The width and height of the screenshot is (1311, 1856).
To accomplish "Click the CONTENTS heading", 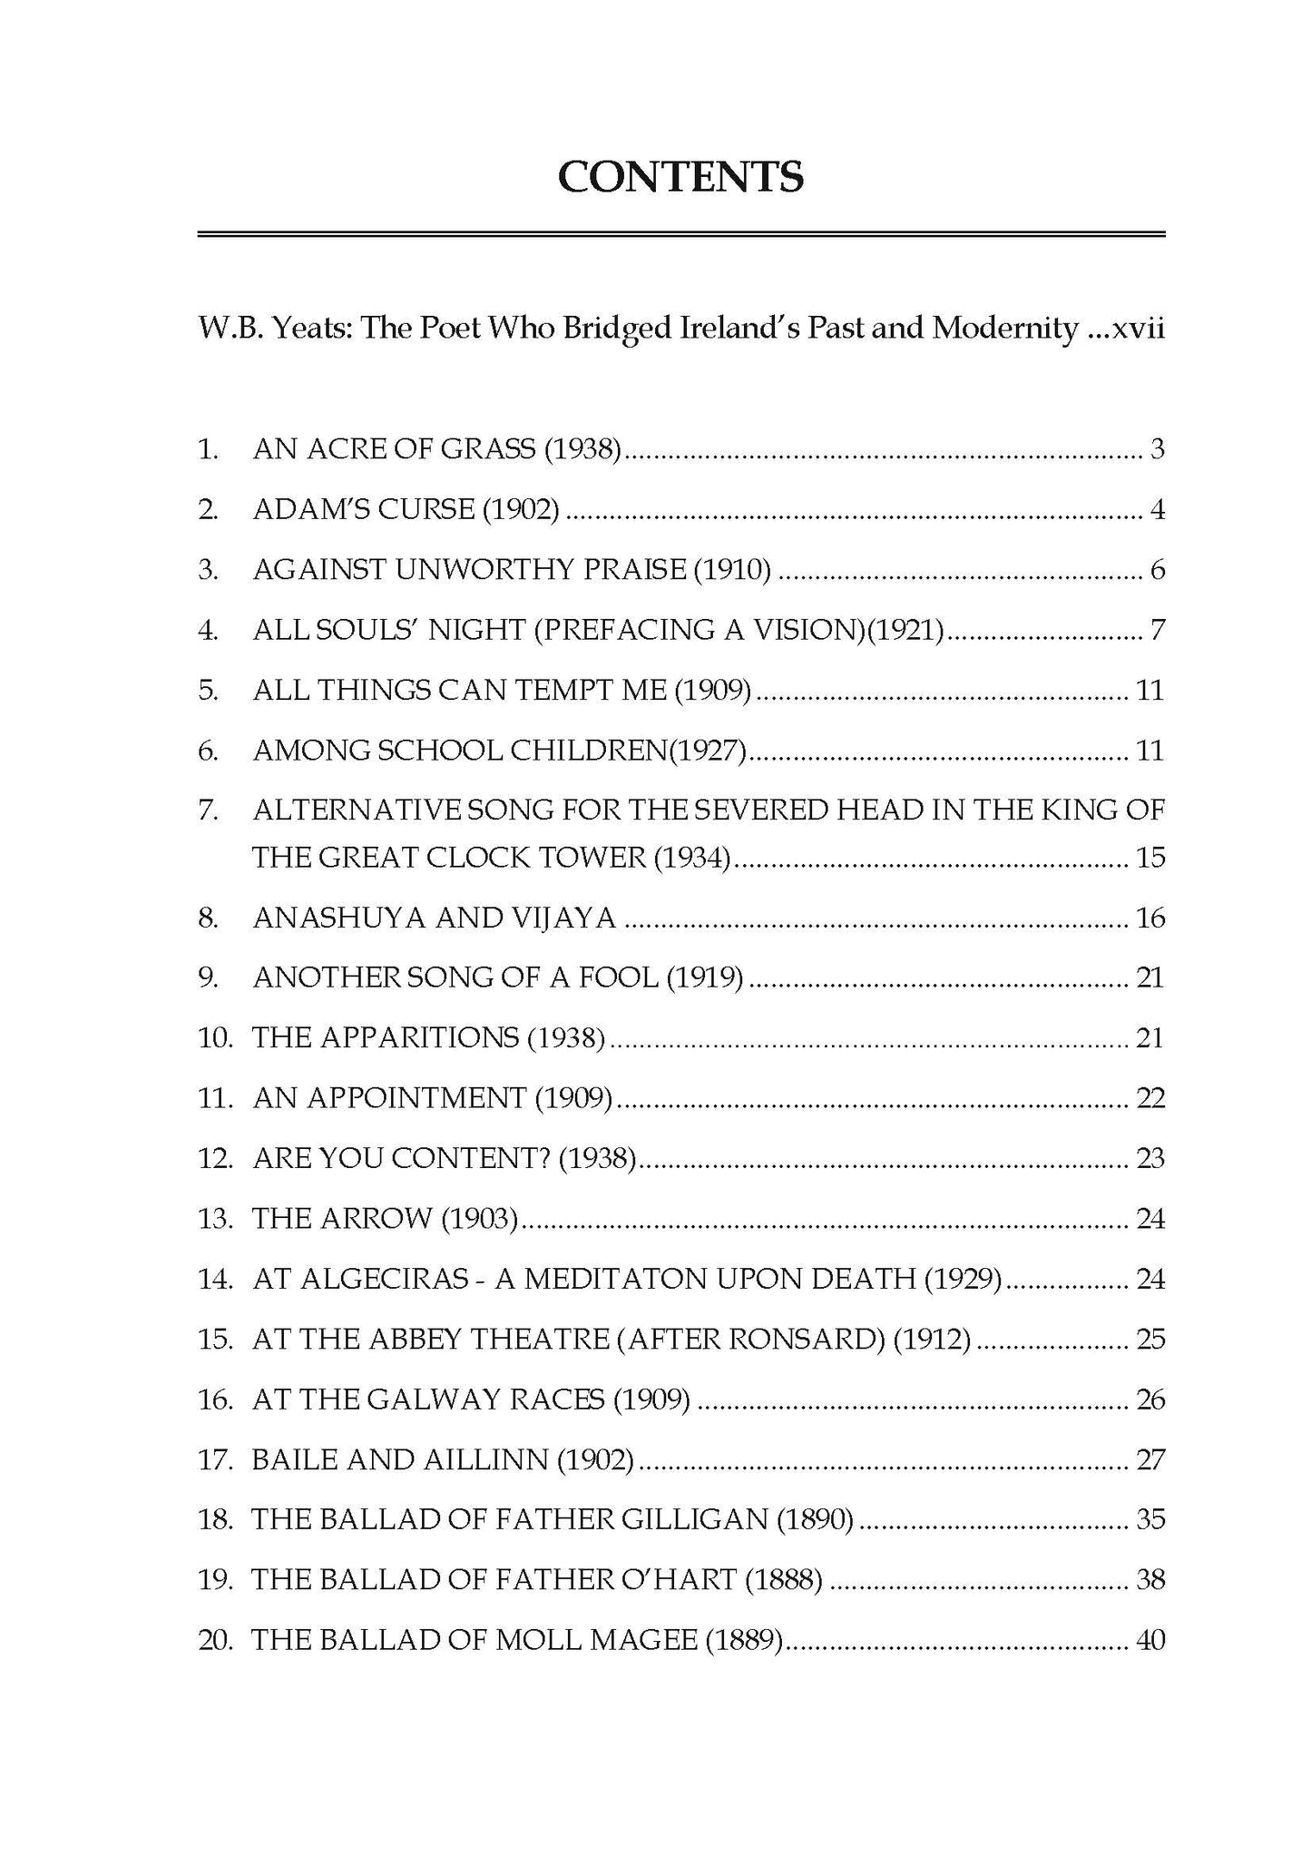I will [680, 177].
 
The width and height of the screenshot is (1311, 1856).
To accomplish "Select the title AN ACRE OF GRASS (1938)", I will [436, 449].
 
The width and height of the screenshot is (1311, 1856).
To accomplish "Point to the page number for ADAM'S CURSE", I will [1157, 510].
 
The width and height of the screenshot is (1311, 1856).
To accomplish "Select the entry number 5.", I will [208, 691].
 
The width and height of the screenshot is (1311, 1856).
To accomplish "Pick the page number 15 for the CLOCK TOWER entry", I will [1150, 858].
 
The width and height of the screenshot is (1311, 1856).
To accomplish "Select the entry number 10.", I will [216, 1037].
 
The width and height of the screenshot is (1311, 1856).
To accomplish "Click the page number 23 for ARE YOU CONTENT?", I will [1150, 1159].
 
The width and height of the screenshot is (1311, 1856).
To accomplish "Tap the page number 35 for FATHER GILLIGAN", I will [1150, 1519].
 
